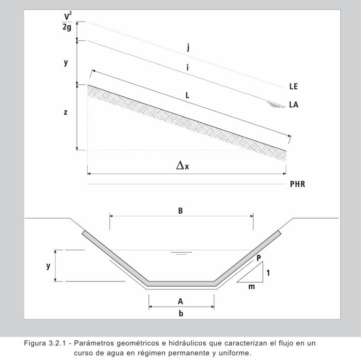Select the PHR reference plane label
coord(297,185)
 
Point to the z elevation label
coord(65,112)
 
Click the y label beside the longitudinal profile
coord(66,63)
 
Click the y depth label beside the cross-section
coord(48,266)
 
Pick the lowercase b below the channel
coord(181,314)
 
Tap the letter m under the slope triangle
coord(251,287)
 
